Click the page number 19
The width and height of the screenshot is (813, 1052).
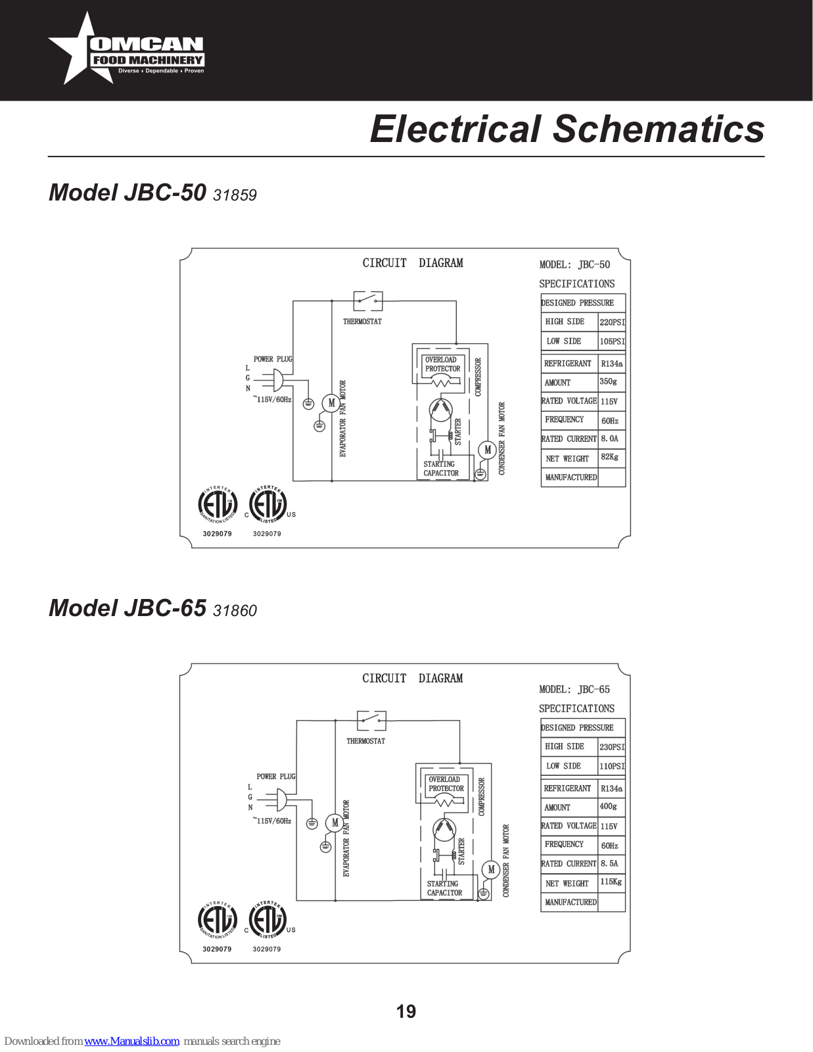point(406,1011)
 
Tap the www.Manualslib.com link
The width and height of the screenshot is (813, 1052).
point(131,1041)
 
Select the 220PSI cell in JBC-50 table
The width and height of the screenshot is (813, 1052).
point(612,322)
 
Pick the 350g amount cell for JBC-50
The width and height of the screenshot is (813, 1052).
point(609,381)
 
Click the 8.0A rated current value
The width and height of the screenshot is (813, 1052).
point(609,439)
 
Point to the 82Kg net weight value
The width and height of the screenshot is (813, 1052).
point(609,457)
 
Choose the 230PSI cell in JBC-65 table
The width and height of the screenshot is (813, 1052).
point(612,747)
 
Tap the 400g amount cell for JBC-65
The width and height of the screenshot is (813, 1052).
point(609,806)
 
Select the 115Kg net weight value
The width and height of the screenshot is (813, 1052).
point(611,882)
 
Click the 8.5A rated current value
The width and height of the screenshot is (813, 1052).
point(609,863)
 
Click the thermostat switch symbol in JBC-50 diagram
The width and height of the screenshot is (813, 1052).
point(368,301)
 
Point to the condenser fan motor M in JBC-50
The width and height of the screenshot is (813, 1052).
point(488,450)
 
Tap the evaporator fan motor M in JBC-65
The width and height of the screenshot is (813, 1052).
point(335,823)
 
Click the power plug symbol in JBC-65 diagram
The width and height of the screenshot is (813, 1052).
point(281,799)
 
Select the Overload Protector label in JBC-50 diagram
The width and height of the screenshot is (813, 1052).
point(442,364)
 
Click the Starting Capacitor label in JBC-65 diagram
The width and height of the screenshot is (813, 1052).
point(444,888)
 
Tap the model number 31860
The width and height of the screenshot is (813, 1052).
point(235,611)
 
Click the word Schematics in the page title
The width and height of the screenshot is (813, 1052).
point(659,129)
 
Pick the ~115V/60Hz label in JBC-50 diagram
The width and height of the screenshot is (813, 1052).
point(272,400)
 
